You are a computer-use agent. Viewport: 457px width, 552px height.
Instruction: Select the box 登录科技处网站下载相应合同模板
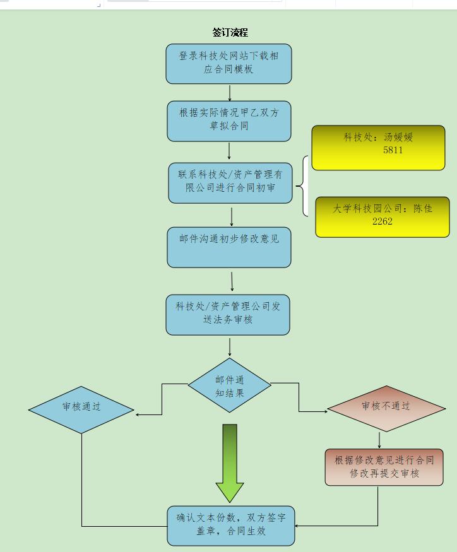point(228,63)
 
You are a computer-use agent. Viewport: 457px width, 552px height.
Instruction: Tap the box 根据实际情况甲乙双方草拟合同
point(228,120)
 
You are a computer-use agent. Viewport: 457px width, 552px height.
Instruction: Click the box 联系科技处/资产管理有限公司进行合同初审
point(230,182)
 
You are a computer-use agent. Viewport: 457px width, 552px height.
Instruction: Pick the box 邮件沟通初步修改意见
point(228,247)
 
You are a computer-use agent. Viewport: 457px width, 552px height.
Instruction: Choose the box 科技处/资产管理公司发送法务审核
point(228,314)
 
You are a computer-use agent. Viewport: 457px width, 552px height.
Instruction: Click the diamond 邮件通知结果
point(229,385)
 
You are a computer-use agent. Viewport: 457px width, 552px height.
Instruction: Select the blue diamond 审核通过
point(81,409)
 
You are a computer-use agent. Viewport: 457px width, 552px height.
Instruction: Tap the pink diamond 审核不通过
point(386,408)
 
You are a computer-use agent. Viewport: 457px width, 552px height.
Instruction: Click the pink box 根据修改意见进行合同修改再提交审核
point(384,467)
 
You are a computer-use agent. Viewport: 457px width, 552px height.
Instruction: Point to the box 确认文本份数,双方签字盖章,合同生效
point(231,526)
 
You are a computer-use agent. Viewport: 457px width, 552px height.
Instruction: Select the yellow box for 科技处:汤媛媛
point(378,148)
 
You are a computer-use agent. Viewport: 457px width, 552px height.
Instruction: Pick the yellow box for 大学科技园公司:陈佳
point(383,216)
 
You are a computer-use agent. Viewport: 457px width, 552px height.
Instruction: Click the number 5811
point(393,151)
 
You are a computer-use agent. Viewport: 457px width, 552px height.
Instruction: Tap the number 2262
point(383,221)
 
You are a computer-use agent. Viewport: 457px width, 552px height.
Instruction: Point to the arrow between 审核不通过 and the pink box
point(379,440)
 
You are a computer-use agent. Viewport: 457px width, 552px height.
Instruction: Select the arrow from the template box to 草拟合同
point(229,92)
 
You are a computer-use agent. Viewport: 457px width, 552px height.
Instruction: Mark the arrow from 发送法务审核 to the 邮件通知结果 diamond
point(229,346)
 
